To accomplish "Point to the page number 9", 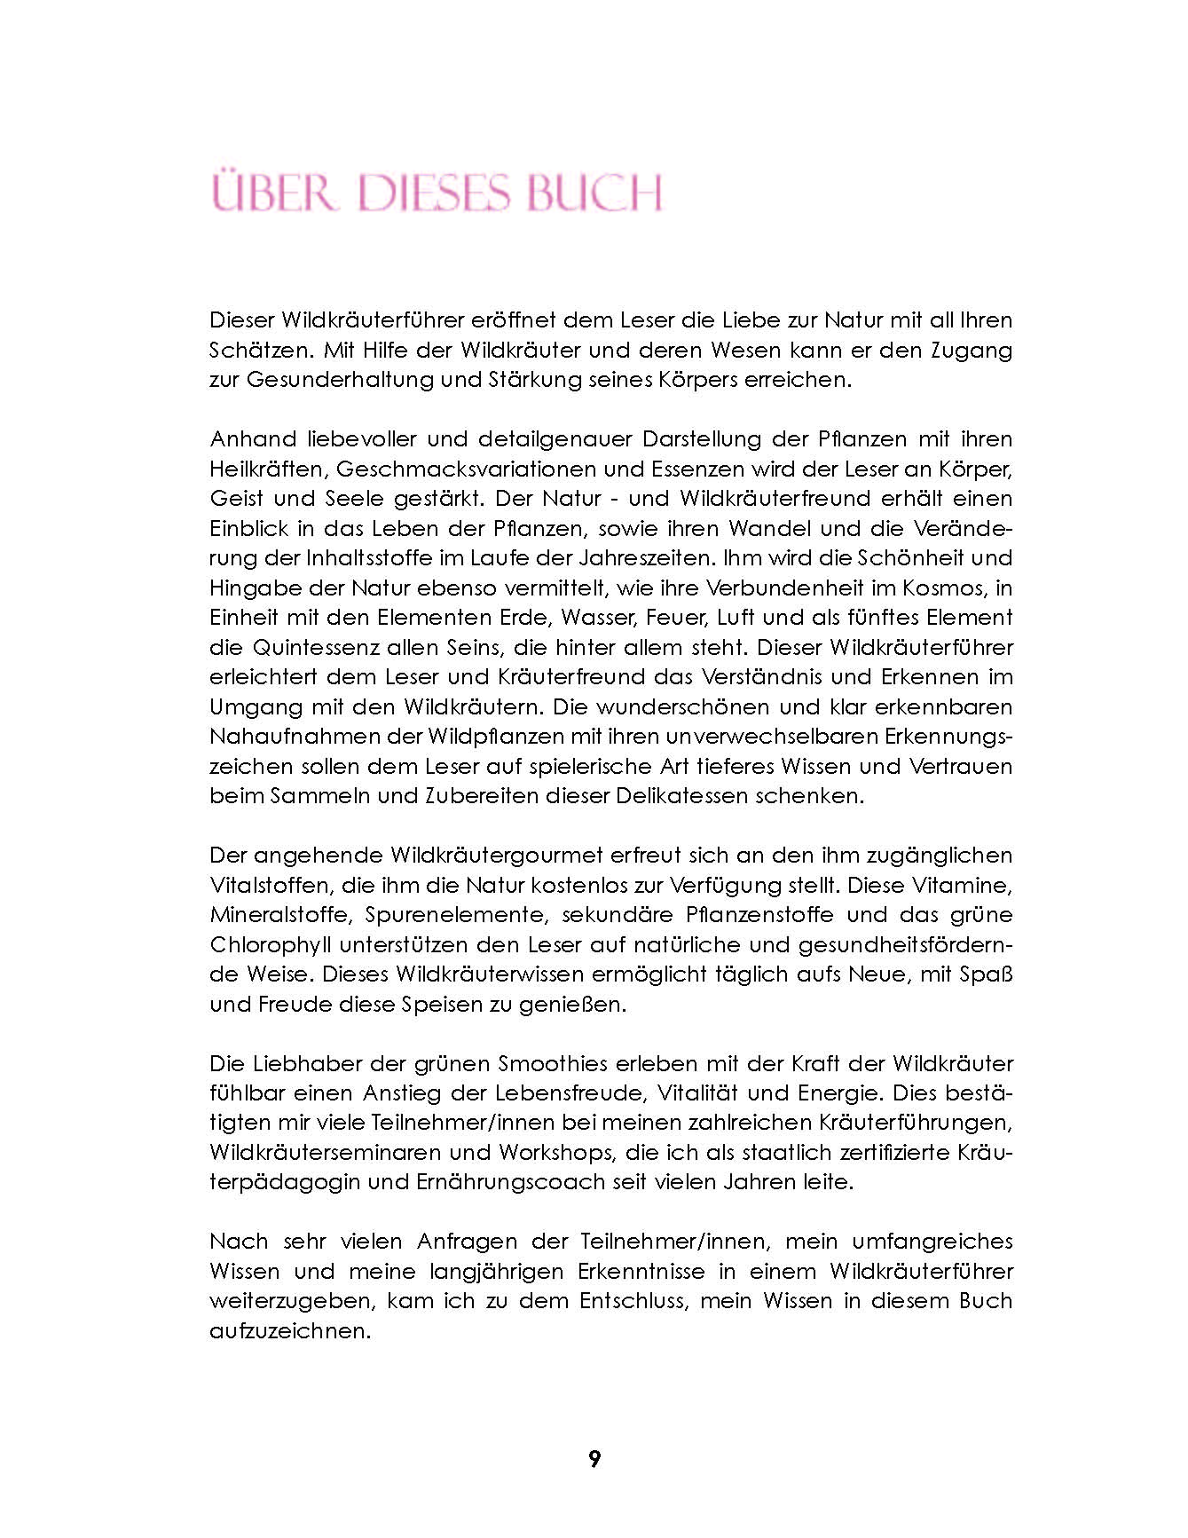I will click(594, 1458).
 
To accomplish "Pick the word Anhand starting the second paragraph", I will click(249, 438).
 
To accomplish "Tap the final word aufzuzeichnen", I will click(289, 1330).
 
